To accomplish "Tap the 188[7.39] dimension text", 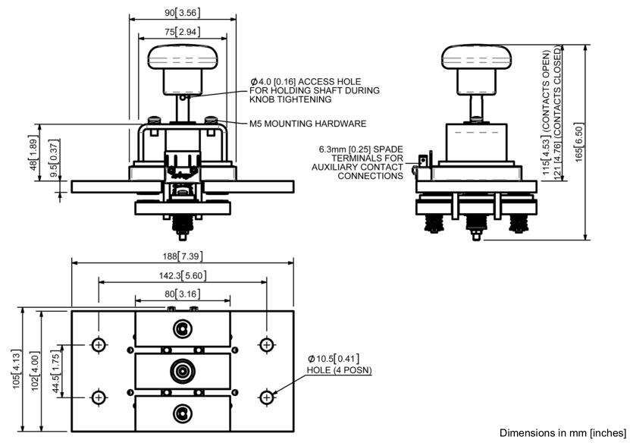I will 183,256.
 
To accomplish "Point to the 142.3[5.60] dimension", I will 183,276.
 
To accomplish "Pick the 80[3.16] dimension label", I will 183,294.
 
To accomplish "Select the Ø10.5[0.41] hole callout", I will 334,358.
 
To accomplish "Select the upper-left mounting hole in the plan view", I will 99,345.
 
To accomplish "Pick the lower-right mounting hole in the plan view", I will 266,397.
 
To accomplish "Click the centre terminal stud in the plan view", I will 183,371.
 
